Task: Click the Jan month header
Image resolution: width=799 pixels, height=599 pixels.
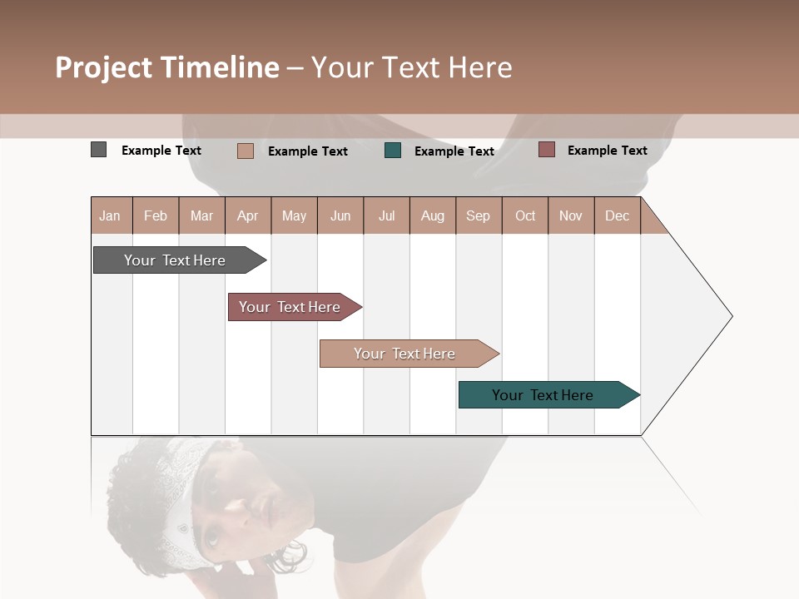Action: [x=110, y=215]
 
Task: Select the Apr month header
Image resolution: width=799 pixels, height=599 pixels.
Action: [x=247, y=215]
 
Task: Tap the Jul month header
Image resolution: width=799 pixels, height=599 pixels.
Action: [x=386, y=215]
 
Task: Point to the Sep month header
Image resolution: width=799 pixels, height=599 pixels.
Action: [x=478, y=215]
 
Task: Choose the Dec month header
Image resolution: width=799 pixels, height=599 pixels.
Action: [x=617, y=215]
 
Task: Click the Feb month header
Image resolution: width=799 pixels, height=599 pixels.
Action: [x=156, y=215]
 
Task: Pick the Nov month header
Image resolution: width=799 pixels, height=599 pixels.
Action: [x=570, y=215]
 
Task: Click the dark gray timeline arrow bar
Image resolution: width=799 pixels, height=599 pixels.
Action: [x=175, y=260]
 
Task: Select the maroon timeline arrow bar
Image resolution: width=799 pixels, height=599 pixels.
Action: [x=290, y=307]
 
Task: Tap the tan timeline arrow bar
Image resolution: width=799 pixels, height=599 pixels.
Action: [x=404, y=354]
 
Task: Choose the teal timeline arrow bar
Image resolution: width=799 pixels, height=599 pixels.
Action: [x=543, y=395]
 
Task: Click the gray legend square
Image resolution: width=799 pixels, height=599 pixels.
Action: [x=98, y=150]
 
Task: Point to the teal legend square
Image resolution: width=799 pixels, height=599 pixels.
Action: [x=393, y=150]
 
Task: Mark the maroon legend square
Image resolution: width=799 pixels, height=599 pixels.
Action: [x=546, y=150]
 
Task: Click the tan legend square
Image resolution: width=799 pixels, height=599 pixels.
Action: [x=245, y=151]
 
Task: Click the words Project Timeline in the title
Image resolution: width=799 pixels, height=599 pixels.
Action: [x=166, y=67]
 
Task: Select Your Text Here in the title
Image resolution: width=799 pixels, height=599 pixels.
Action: [x=411, y=67]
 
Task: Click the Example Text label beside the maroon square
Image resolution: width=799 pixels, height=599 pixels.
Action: [x=607, y=150]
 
